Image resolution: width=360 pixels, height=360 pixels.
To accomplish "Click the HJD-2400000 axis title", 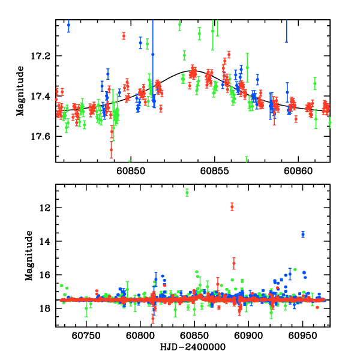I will (x=192, y=347).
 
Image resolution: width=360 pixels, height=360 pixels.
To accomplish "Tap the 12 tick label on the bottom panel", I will (x=46, y=208).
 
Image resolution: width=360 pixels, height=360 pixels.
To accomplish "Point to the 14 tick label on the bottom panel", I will (x=46, y=241).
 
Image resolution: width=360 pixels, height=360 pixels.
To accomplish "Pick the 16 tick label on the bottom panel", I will (x=46, y=275).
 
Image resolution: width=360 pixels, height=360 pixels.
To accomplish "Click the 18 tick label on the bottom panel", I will (x=46, y=308).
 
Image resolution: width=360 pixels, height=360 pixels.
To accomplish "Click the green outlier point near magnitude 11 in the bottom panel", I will (x=187, y=193).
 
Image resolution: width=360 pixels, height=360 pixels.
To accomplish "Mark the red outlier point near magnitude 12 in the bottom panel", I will (x=232, y=207).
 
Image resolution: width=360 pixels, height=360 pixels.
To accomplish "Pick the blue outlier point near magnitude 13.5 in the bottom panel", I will (x=303, y=234).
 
